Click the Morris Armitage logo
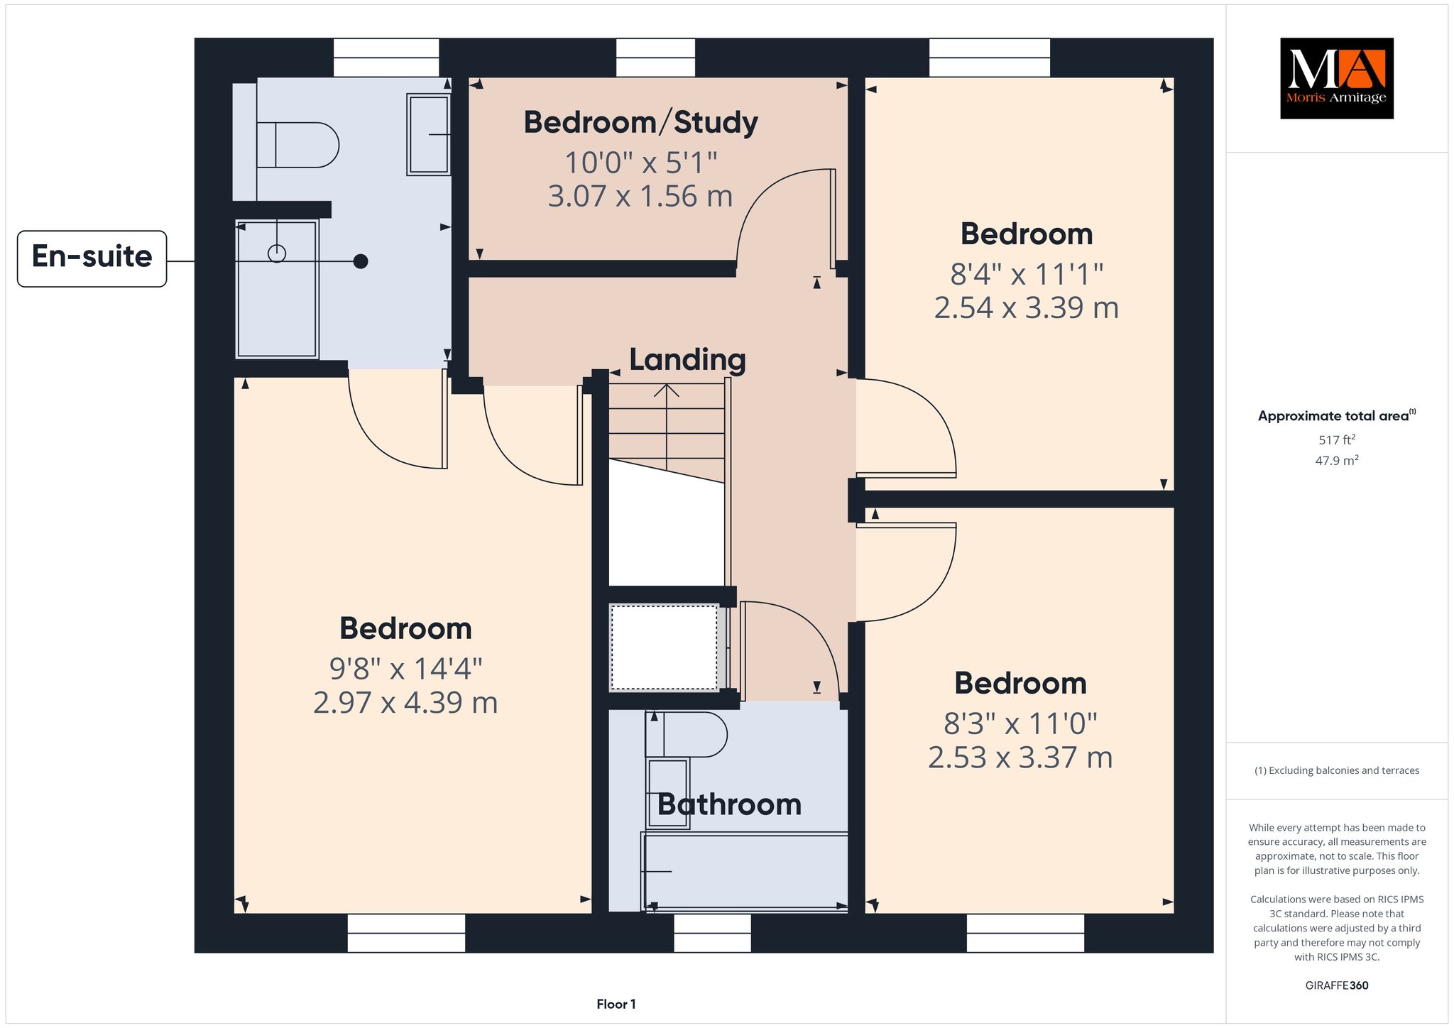pos(1336,78)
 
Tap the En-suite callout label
pos(92,258)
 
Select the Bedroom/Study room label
pos(641,123)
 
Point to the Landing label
pos(687,360)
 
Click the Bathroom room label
pos(729,804)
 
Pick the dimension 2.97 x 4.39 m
pos(405,703)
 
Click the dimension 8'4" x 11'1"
pos(1027,274)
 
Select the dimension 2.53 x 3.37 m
pos(1020,758)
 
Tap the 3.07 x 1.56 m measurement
pos(640,196)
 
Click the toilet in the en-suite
pos(297,145)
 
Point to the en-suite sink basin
pos(428,134)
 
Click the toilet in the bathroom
pos(686,734)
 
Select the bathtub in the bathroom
pos(745,871)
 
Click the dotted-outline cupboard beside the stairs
pos(665,647)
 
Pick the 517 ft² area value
pos(1337,440)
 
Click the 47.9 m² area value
pos(1337,461)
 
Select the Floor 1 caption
pos(616,1004)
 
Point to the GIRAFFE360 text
pos(1337,985)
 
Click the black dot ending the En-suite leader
pos(361,261)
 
